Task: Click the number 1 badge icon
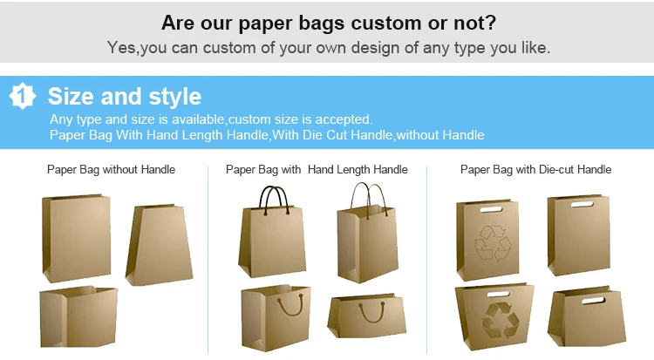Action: click(x=23, y=96)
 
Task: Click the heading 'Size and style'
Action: click(x=125, y=97)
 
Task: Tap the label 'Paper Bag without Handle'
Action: click(x=111, y=169)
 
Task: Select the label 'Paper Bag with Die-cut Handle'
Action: click(x=535, y=169)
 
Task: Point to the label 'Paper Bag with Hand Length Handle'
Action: click(x=317, y=169)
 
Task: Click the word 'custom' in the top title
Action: click(x=386, y=23)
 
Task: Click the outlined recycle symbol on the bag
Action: click(x=493, y=243)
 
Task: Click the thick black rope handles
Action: click(x=274, y=200)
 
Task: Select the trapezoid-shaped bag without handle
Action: click(x=159, y=245)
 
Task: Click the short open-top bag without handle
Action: click(x=78, y=316)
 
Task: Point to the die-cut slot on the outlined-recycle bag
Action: click(x=491, y=209)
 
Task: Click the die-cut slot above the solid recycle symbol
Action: click(x=498, y=294)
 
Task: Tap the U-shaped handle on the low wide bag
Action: click(x=371, y=312)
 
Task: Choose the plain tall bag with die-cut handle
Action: click(x=578, y=234)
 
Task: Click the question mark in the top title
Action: click(x=491, y=23)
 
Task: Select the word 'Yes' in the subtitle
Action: click(x=121, y=48)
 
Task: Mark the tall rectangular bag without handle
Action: click(x=77, y=238)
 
